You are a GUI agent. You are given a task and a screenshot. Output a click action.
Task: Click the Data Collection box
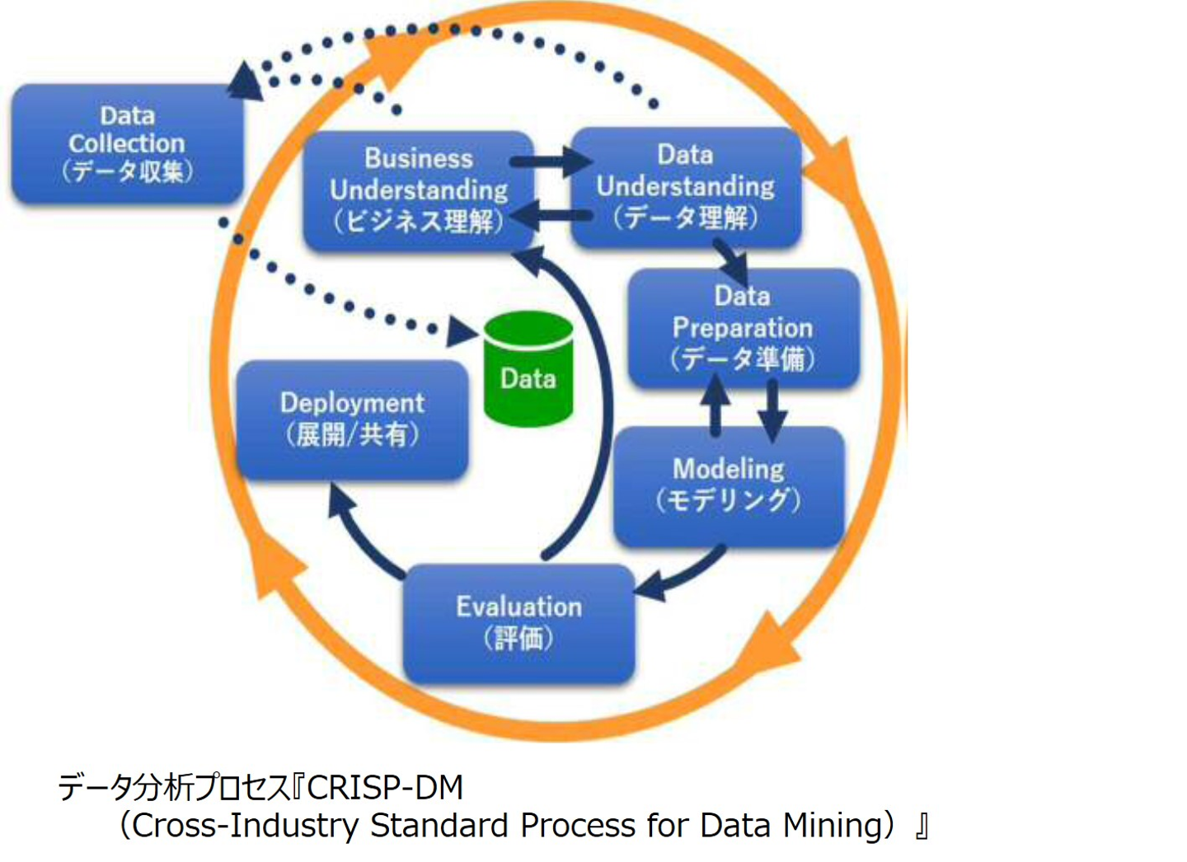coord(127,143)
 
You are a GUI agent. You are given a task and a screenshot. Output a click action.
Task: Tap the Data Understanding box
coord(686,186)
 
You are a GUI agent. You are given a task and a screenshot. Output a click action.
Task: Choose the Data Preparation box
coord(743,327)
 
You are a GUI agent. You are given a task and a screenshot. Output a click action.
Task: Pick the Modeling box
coord(729,485)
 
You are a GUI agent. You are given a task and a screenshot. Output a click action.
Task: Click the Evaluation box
coord(518,622)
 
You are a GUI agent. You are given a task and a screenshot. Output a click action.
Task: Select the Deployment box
coord(352,419)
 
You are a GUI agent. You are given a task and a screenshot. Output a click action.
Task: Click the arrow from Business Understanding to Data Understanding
coord(552,162)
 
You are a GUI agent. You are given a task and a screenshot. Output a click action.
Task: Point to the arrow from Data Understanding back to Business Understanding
coord(552,218)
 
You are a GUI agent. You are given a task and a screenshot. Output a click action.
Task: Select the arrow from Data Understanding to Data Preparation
coord(732,260)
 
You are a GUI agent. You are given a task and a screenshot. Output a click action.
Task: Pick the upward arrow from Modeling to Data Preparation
coord(715,405)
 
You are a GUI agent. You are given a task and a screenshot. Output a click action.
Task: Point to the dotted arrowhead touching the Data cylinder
coord(462,332)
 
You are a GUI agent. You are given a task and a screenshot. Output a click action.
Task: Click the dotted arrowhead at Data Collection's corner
coord(244,81)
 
